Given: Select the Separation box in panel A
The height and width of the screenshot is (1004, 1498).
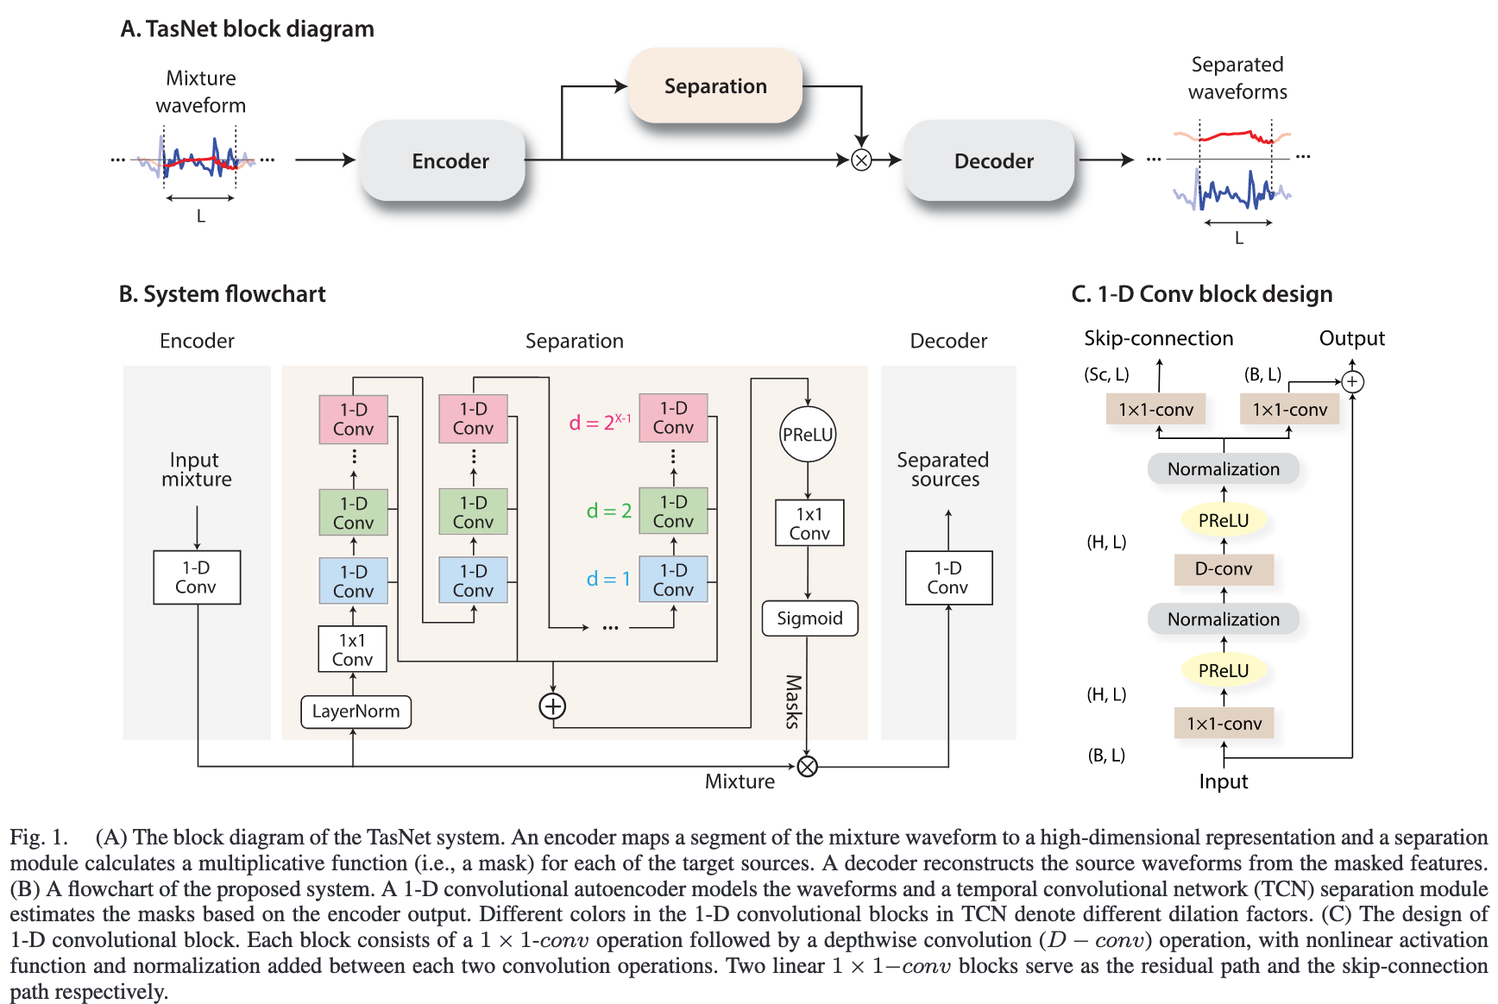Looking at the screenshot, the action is [x=715, y=85].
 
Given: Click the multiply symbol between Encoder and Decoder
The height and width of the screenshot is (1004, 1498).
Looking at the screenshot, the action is [x=861, y=160].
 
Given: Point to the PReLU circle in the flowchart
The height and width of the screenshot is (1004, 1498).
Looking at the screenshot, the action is [x=808, y=435].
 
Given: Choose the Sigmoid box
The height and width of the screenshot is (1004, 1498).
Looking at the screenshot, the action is [x=809, y=618].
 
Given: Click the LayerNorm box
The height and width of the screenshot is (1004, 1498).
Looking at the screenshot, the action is [x=356, y=712].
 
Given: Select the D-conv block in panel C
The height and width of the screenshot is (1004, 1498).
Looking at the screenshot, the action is [x=1224, y=569].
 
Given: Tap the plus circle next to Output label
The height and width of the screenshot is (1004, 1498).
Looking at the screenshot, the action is [x=1352, y=381].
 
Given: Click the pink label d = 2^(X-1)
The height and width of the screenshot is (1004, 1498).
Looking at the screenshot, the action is [x=600, y=422].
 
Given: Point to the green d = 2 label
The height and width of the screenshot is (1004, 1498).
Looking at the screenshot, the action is [x=609, y=511].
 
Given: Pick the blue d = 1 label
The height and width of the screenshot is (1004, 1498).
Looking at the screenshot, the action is [x=608, y=579].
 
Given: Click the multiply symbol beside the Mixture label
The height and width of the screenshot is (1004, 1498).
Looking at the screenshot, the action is [x=807, y=766].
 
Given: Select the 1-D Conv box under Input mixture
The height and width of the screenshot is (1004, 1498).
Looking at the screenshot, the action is [x=197, y=577].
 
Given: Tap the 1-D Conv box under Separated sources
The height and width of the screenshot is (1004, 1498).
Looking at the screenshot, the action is [x=948, y=578].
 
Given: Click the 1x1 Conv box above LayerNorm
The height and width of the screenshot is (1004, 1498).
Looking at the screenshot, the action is [x=352, y=649].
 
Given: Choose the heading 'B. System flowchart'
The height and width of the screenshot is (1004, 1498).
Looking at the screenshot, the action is [x=223, y=294].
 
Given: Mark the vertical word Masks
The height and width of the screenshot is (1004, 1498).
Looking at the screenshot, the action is [x=793, y=701].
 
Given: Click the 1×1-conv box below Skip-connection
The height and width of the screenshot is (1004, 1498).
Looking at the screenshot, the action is [x=1155, y=410].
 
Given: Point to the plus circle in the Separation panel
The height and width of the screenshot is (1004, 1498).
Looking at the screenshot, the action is [x=552, y=706].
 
